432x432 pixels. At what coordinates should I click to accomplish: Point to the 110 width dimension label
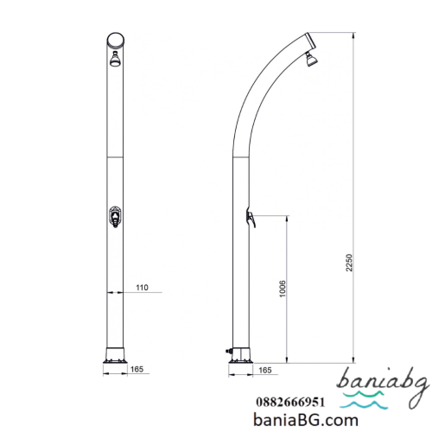(x=142, y=288)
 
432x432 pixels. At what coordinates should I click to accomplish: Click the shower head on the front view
(x=113, y=60)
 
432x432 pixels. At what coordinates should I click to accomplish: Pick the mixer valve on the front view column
(x=113, y=218)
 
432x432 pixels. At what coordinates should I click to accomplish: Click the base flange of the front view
(x=113, y=354)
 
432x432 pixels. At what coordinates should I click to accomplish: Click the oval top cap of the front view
(x=113, y=40)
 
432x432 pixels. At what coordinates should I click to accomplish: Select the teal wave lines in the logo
(x=374, y=402)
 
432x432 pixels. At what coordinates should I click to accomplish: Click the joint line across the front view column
(x=113, y=160)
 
